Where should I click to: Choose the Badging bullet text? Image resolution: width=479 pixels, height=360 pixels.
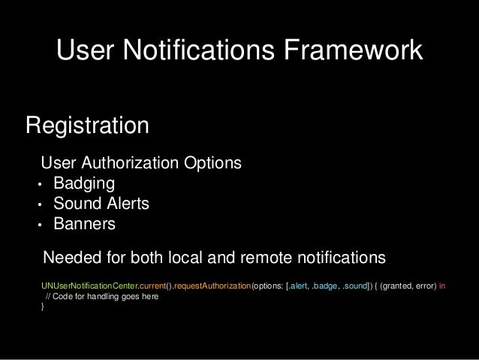tap(78, 184)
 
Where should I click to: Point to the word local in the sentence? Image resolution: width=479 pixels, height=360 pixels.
tap(198, 258)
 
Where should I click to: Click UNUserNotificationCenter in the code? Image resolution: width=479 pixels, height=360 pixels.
tap(87, 286)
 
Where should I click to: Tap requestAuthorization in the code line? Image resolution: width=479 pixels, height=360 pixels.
tap(213, 286)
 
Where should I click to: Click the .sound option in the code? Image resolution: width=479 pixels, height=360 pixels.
tap(356, 286)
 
